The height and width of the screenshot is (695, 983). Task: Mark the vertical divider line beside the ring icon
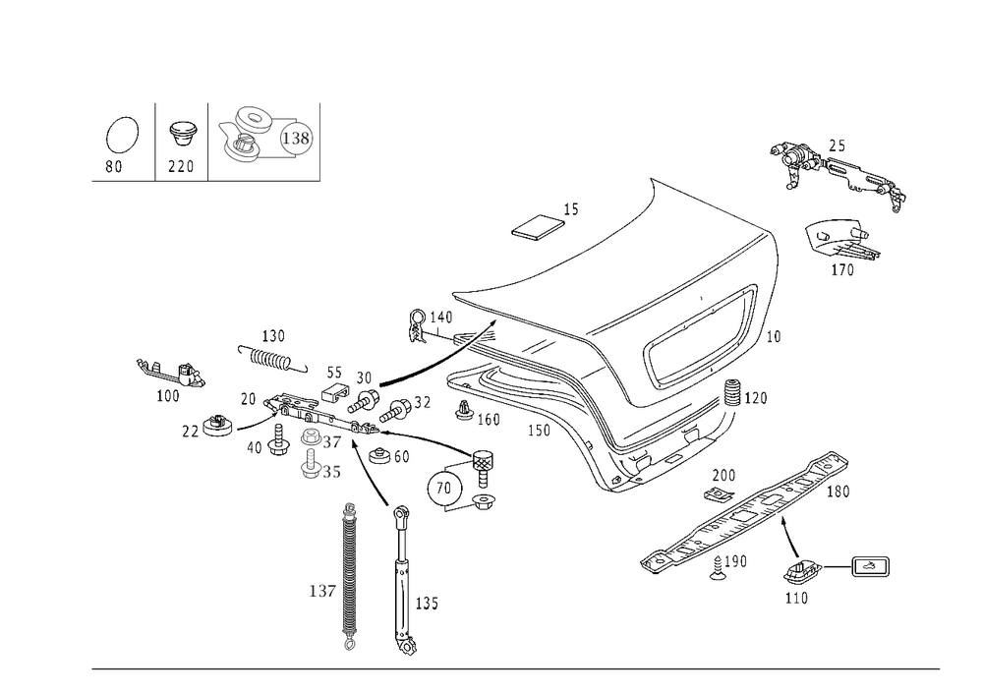(x=152, y=140)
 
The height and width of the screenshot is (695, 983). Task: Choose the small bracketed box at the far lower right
(x=869, y=565)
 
